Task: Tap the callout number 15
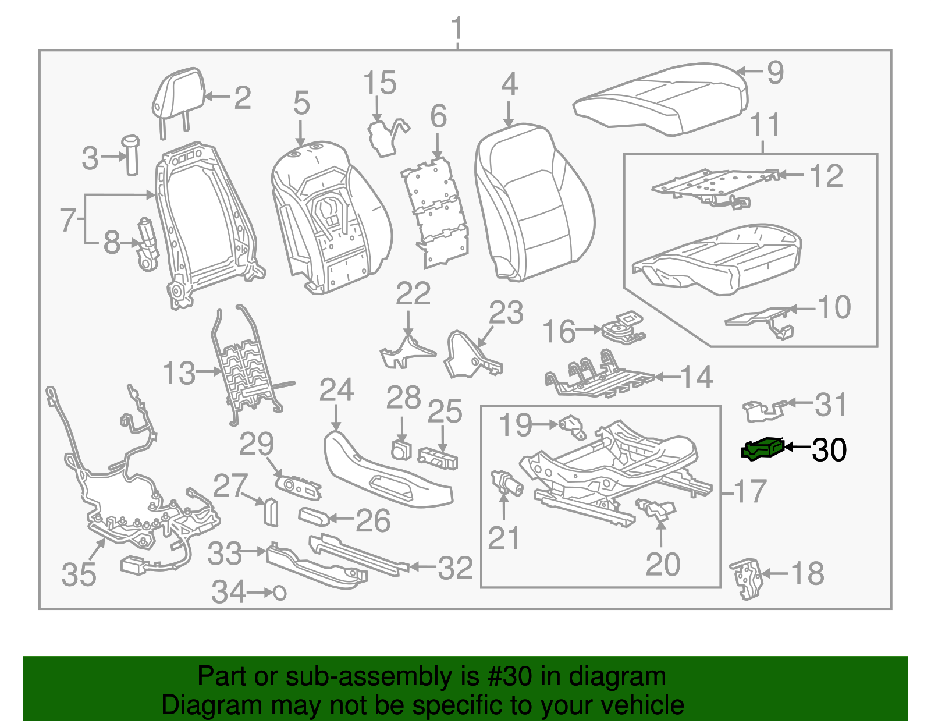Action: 379,84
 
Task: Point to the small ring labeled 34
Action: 280,593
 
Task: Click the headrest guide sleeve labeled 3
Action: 131,154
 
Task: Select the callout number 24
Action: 336,391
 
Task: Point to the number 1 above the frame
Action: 458,28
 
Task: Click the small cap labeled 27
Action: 271,512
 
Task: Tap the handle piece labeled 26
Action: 314,516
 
